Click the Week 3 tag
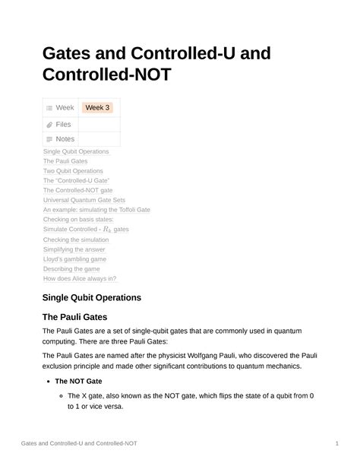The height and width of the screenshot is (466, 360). click(97, 108)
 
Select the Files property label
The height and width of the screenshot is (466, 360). click(64, 124)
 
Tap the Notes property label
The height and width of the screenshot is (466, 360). click(65, 139)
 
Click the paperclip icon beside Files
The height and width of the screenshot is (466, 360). click(49, 124)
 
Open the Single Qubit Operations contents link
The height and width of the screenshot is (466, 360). click(76, 151)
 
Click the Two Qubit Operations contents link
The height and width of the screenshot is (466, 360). click(73, 171)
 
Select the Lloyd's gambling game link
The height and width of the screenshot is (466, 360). click(74, 259)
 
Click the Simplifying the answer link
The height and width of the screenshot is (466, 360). click(74, 249)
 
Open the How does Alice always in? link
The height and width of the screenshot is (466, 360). click(80, 278)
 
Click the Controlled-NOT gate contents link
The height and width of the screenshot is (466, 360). click(77, 190)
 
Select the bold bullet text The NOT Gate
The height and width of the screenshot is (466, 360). click(78, 381)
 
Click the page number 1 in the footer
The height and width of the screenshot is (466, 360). click(336, 443)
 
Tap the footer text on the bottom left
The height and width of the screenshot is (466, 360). click(79, 443)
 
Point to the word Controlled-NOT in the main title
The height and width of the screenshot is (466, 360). click(107, 75)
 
